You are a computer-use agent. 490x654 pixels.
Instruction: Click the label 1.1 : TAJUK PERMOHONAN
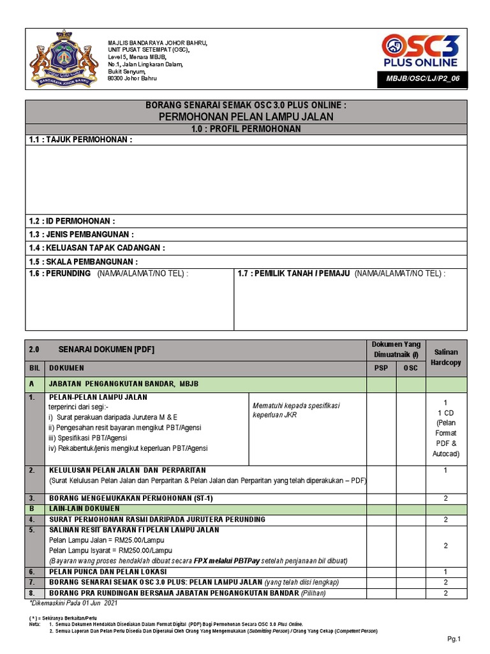(80, 140)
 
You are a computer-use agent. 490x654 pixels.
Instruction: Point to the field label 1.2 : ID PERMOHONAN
(72, 220)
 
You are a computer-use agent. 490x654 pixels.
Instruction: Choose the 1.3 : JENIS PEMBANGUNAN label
(82, 234)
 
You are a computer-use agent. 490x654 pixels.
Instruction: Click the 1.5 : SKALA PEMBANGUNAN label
(83, 262)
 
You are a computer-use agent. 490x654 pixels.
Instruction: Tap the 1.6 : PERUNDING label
(60, 273)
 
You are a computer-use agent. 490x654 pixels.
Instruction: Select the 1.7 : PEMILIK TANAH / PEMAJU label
(294, 273)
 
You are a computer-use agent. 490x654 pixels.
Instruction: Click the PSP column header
(380, 368)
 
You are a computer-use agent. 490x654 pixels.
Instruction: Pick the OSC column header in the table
(411, 368)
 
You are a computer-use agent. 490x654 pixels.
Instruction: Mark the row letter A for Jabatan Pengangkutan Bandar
(33, 384)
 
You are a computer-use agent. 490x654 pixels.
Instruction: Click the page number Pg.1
(454, 639)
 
